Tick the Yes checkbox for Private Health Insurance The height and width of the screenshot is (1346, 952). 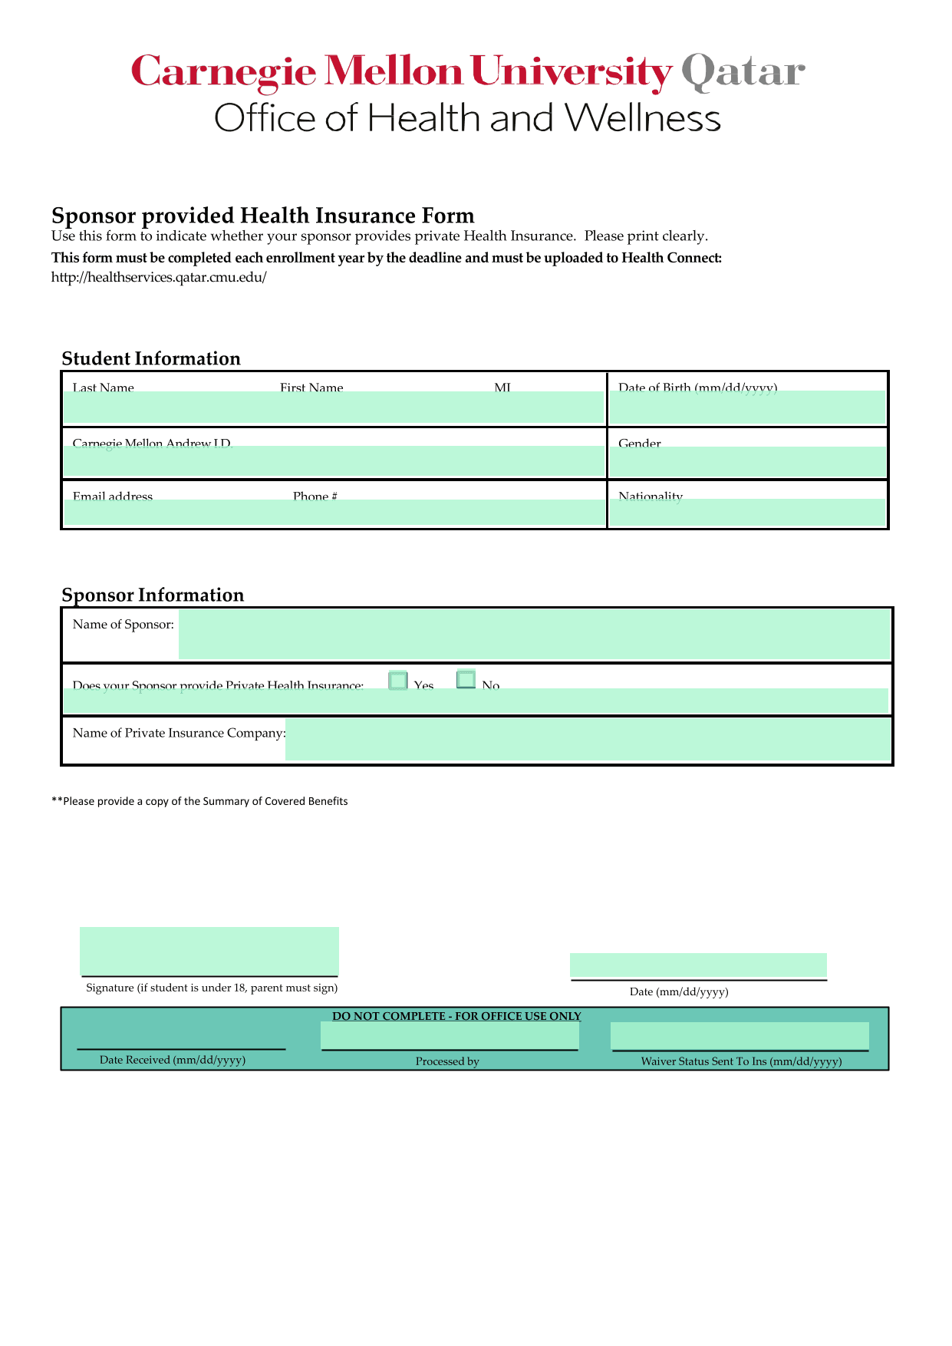click(x=398, y=681)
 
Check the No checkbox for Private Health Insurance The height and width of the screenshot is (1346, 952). click(x=466, y=679)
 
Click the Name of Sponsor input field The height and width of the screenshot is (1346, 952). click(x=534, y=635)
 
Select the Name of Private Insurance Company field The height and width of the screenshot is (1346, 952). click(x=588, y=739)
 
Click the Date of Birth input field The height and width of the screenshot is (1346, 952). click(x=747, y=407)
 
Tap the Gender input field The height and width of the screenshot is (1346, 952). click(x=747, y=461)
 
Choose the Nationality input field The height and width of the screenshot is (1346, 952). click(x=747, y=512)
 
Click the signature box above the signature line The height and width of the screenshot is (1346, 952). click(x=209, y=951)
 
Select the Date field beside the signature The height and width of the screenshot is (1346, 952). click(x=698, y=965)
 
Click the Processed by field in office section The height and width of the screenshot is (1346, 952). click(x=450, y=1036)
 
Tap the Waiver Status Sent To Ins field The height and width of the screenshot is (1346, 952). click(x=740, y=1035)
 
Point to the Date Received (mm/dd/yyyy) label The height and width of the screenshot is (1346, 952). click(x=173, y=1060)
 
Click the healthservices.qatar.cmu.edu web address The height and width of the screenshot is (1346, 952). click(x=159, y=277)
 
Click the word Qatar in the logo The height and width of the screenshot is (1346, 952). click(x=743, y=72)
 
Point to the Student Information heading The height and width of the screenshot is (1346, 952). click(x=151, y=358)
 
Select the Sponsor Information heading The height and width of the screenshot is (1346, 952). click(x=153, y=595)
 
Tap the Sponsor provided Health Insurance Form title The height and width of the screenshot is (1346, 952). click(x=263, y=215)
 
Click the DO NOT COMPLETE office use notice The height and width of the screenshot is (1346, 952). click(x=456, y=1016)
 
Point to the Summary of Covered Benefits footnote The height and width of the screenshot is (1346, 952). click(x=199, y=801)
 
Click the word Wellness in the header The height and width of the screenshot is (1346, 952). click(x=643, y=119)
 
